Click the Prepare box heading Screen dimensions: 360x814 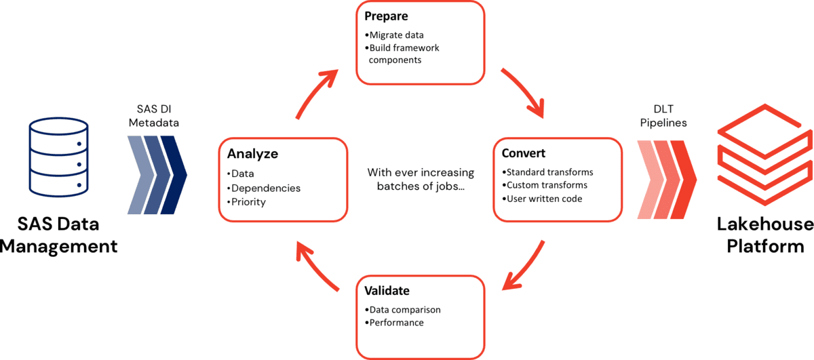[x=386, y=15]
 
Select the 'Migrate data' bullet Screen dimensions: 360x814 [x=398, y=35]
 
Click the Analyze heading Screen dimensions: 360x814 [x=252, y=153]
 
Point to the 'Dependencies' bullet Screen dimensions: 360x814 [x=265, y=188]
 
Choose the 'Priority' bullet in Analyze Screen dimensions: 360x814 [x=248, y=201]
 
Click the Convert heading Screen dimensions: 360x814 [x=524, y=153]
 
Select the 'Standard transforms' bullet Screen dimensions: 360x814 [x=547, y=172]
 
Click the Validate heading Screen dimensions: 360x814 [x=387, y=291]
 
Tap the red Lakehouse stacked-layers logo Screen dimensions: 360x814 [x=764, y=160]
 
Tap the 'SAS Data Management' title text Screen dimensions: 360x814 [x=58, y=235]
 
